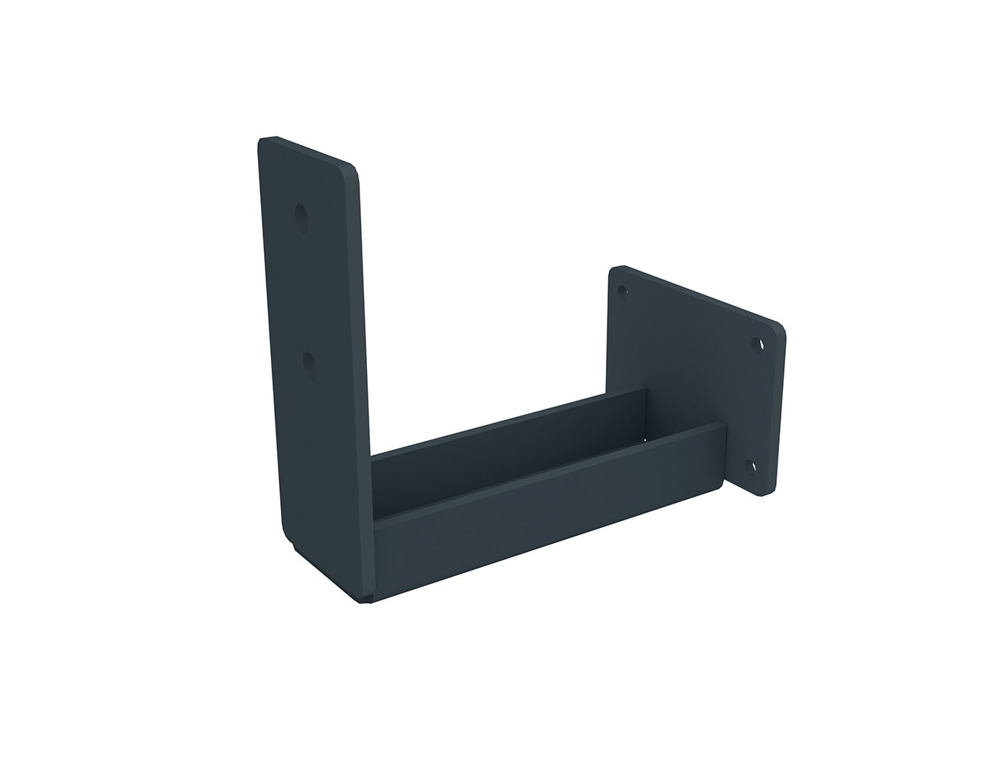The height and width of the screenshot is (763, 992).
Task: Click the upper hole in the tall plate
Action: [303, 216]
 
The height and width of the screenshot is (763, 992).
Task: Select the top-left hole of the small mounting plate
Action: [623, 291]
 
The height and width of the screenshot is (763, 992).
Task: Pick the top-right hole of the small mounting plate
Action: [758, 346]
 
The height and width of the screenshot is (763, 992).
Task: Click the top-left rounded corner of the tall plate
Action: [264, 142]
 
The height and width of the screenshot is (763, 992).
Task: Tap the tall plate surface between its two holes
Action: [307, 290]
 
